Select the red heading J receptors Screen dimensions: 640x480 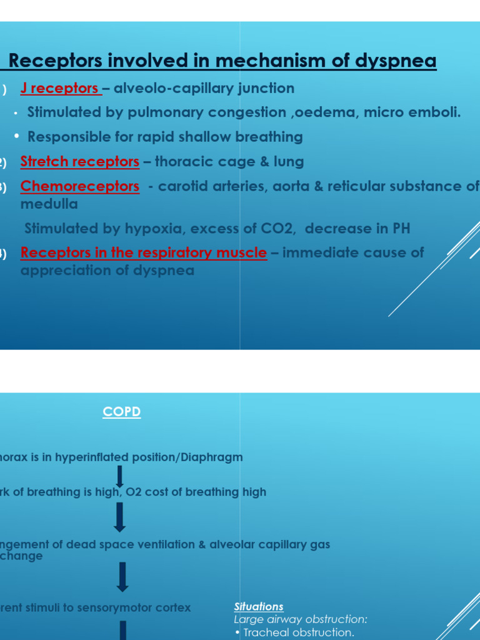tap(59, 88)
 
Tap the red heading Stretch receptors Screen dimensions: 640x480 tap(79, 162)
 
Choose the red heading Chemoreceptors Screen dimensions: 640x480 tap(79, 186)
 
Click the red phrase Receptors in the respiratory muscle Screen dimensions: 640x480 tap(143, 252)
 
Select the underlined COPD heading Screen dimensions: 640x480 tap(122, 412)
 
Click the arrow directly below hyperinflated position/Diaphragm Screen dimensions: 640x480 tap(120, 476)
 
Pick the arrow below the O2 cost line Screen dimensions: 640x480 tap(120, 517)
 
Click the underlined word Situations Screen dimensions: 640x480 tap(259, 606)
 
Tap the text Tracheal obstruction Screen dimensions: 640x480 tap(299, 632)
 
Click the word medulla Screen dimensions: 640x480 tap(49, 204)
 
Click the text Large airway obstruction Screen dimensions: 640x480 tap(301, 619)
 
